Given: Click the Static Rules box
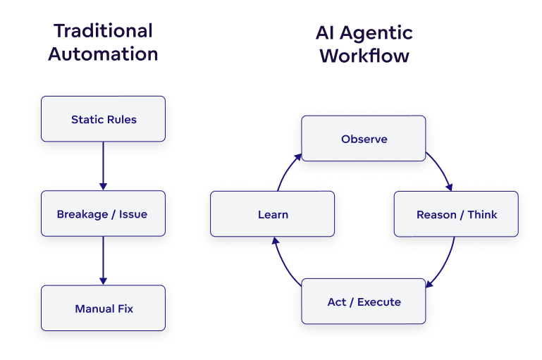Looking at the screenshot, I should point(103,119).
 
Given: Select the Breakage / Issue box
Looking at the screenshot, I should point(103,213).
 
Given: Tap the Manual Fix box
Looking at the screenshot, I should point(103,309).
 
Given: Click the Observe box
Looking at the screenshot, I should point(364,139).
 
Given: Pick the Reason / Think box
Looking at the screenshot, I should point(456,214).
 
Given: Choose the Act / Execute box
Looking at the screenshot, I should point(364,302).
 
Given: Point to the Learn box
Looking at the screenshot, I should point(272,214).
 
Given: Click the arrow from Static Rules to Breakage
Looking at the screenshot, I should point(103,166).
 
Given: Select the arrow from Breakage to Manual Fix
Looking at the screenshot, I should point(103,260).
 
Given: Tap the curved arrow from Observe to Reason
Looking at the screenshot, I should point(442,169).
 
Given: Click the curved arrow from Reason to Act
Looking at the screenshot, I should point(444,264).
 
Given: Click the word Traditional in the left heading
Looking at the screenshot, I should point(103,31).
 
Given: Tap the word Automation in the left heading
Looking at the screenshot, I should point(103,54).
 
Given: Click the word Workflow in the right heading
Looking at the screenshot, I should point(364,56).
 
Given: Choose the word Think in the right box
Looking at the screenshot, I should point(482,214).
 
